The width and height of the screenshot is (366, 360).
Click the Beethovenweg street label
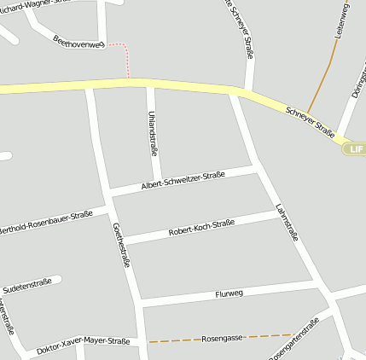click(x=78, y=41)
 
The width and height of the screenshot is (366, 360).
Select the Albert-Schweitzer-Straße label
click(x=183, y=180)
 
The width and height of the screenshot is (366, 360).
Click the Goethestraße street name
click(x=121, y=245)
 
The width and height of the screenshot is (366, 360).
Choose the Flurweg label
click(x=229, y=293)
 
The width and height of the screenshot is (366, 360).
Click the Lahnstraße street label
click(x=288, y=222)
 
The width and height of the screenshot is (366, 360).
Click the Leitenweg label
click(x=345, y=20)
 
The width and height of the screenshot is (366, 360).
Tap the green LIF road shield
click(x=356, y=149)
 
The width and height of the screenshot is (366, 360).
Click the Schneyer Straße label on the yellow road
click(x=310, y=122)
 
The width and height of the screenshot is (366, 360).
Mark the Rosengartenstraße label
click(x=293, y=340)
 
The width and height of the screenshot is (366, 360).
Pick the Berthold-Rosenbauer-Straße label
click(x=44, y=222)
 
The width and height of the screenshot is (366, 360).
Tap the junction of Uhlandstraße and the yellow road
click(x=150, y=84)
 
